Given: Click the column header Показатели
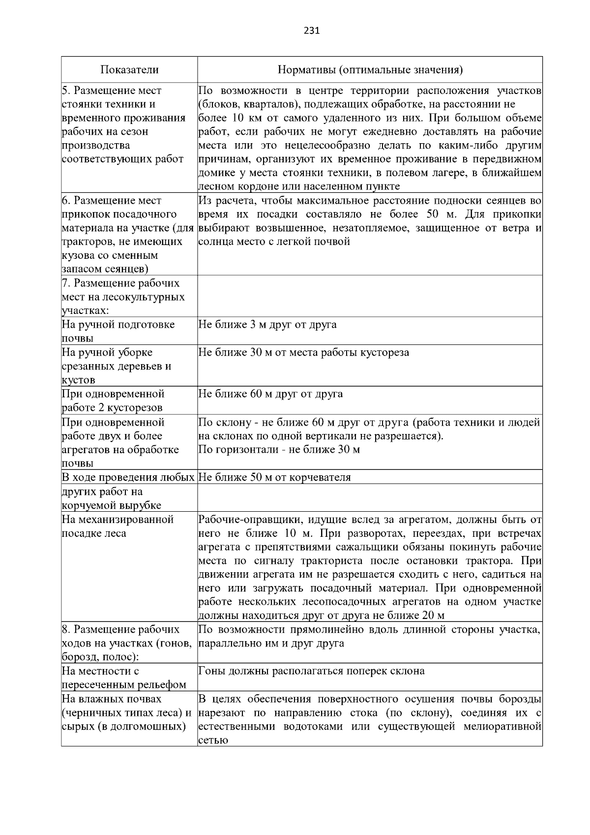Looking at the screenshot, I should click(x=129, y=70).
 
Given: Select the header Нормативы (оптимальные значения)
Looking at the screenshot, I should click(x=370, y=70).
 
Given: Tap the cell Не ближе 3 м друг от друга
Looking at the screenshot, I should click(x=267, y=325).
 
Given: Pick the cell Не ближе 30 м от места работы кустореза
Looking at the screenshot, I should click(x=303, y=353).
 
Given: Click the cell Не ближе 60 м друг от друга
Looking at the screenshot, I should click(x=270, y=394).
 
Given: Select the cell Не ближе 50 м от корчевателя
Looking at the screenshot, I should click(x=274, y=477).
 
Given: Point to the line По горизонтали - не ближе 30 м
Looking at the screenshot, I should click(x=279, y=450).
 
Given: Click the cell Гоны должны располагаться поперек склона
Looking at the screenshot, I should click(x=311, y=671).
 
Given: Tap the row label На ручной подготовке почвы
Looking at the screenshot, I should click(x=118, y=331).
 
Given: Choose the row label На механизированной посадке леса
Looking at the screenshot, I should click(x=118, y=526).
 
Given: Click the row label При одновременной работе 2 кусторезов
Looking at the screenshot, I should click(x=113, y=401).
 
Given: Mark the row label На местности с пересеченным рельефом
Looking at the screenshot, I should click(x=123, y=678).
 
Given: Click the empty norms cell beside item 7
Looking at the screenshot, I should click(x=370, y=296).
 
